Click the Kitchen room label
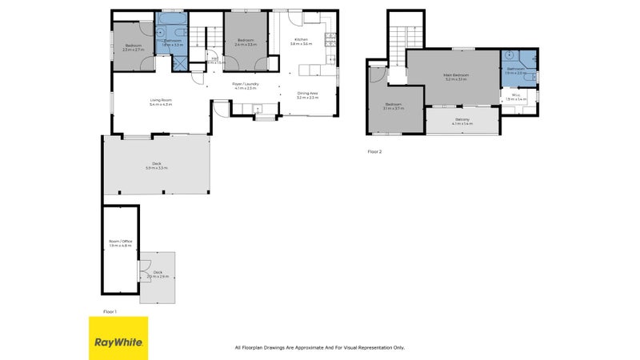301,42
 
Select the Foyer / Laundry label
244,86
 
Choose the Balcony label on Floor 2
463,121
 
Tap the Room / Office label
119,242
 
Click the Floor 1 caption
110,310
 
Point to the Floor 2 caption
375,150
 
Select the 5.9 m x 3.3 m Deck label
157,166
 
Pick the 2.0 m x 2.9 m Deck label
158,274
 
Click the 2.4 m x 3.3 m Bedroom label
246,42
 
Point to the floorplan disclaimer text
319,347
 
